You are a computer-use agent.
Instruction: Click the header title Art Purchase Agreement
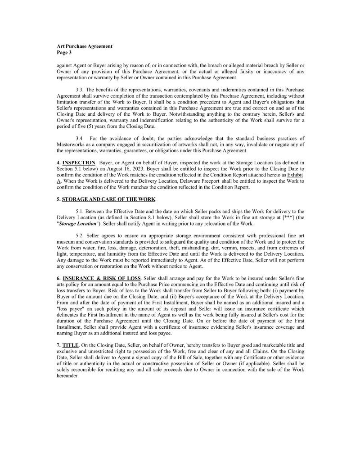point(85,46)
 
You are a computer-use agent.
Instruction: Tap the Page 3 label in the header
point(65,53)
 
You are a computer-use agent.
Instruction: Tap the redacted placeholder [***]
point(284,217)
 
